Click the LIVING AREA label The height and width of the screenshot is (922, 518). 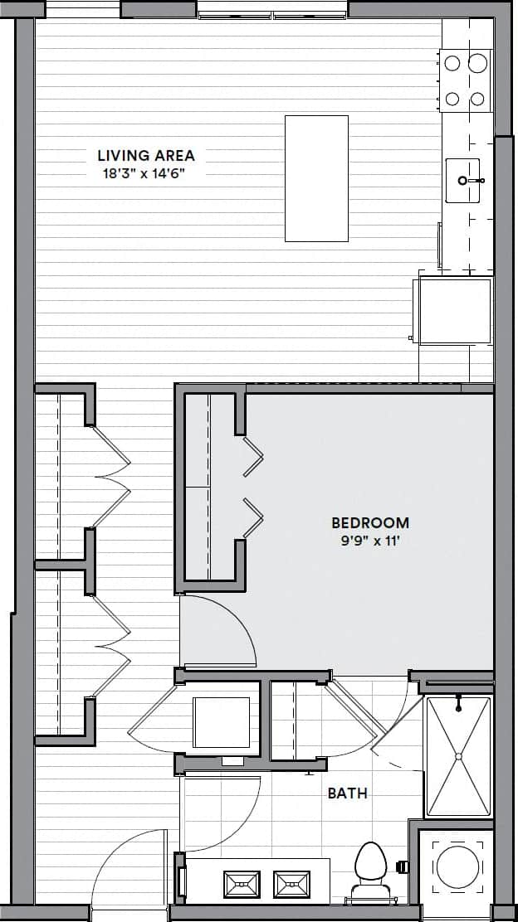146,155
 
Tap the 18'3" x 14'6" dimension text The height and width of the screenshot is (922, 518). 146,173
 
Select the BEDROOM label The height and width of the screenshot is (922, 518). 370,523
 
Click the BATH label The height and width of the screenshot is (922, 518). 347,793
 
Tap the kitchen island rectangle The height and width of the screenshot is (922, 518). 316,178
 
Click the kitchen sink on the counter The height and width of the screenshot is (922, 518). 463,180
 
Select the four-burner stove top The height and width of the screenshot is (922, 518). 465,80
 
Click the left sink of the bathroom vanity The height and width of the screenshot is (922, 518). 241,884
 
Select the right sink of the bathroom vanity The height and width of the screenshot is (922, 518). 291,884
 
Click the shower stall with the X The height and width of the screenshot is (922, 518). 458,755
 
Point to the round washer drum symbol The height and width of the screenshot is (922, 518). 458,867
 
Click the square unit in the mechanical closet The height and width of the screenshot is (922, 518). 221,722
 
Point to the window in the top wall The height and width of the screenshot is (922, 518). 273,11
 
